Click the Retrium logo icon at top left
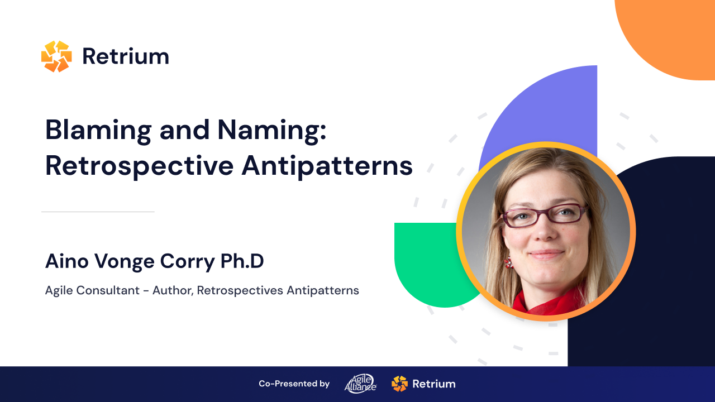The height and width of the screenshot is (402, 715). (x=56, y=56)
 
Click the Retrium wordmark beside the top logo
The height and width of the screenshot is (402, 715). (x=126, y=56)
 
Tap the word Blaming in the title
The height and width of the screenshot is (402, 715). (x=98, y=131)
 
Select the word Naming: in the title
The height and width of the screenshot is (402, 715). (x=271, y=131)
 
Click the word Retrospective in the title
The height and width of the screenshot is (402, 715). (x=139, y=165)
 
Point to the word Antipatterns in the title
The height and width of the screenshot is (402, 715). (x=327, y=165)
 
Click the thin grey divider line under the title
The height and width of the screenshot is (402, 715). (x=98, y=212)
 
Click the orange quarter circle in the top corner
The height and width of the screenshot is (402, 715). (x=670, y=33)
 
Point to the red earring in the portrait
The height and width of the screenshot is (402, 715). (x=508, y=262)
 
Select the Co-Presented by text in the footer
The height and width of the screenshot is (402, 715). (x=294, y=384)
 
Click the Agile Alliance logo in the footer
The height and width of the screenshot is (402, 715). (x=360, y=384)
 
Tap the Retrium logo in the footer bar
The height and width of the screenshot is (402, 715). (x=423, y=384)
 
